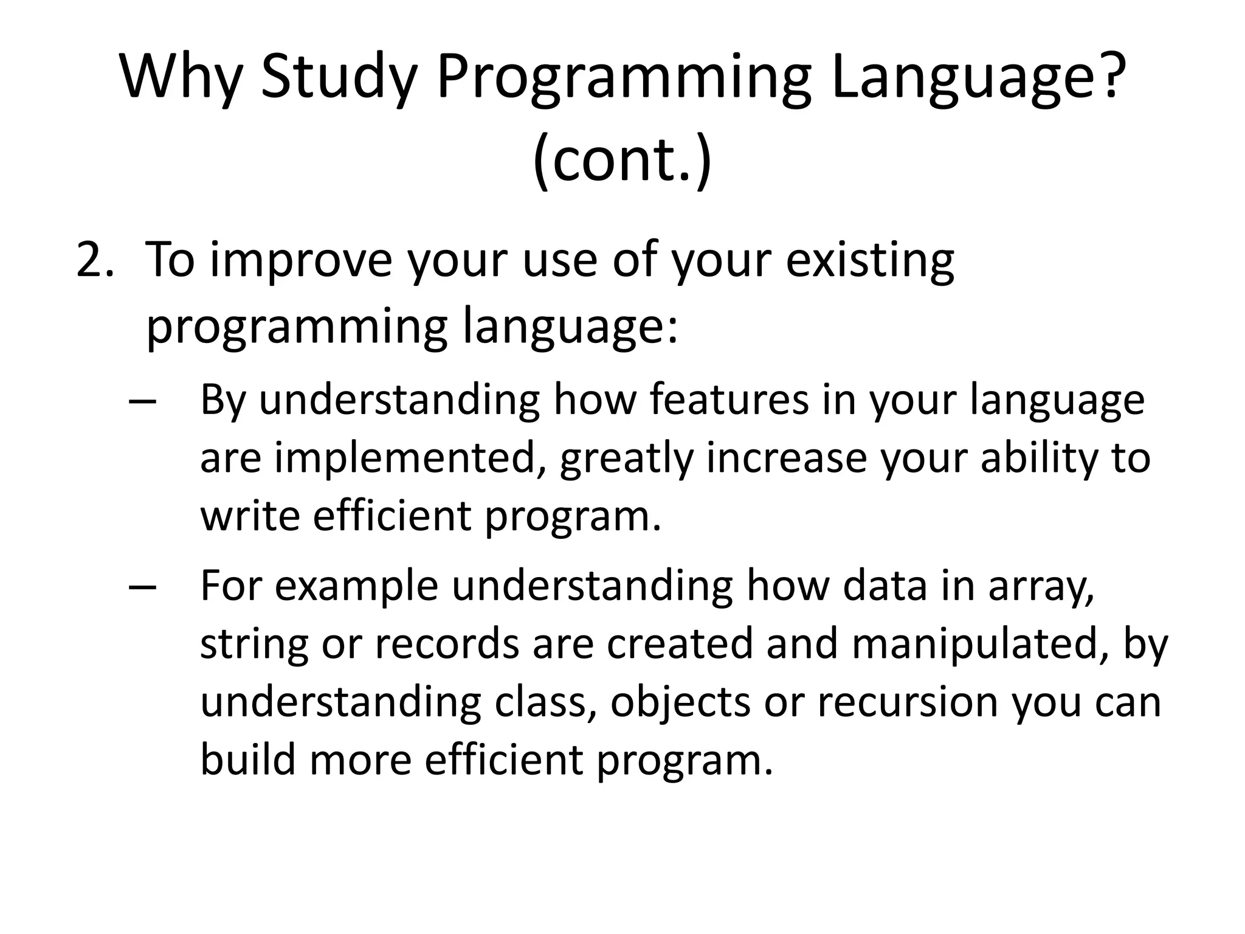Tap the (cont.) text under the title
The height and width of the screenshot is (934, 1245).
(622, 159)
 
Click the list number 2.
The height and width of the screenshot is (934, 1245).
(95, 260)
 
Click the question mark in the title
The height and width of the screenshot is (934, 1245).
(1104, 78)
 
